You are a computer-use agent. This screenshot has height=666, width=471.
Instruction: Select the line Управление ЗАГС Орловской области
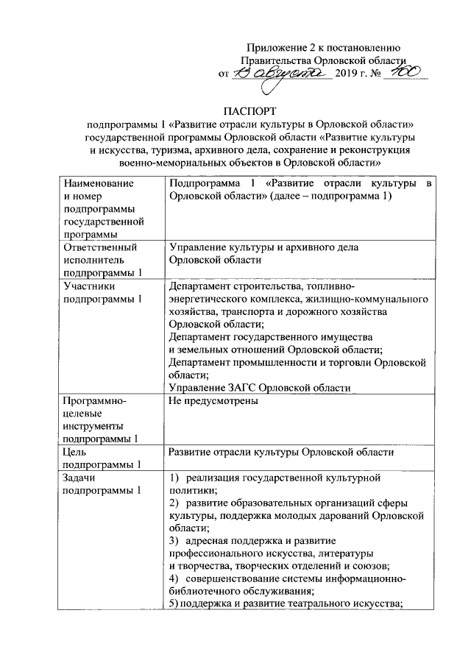pos(258,387)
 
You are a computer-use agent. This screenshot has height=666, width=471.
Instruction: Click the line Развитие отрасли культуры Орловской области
pos(282,452)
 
